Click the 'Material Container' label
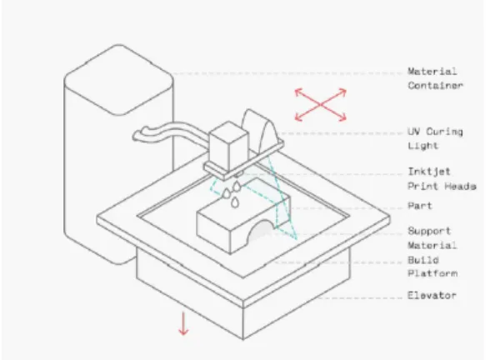click(435, 78)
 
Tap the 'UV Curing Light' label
click(435, 138)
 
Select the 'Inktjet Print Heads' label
click(442, 179)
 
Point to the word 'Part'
click(419, 206)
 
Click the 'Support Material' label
click(433, 238)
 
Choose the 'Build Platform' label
click(433, 267)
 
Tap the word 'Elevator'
click(432, 295)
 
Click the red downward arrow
click(183, 324)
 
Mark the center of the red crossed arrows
click(320, 105)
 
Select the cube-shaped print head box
click(228, 146)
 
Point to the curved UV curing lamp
click(259, 130)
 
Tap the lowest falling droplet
click(235, 202)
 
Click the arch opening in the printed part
click(260, 231)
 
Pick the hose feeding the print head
click(170, 132)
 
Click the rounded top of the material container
click(118, 80)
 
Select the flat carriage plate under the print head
click(243, 159)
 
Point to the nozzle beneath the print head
click(238, 174)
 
